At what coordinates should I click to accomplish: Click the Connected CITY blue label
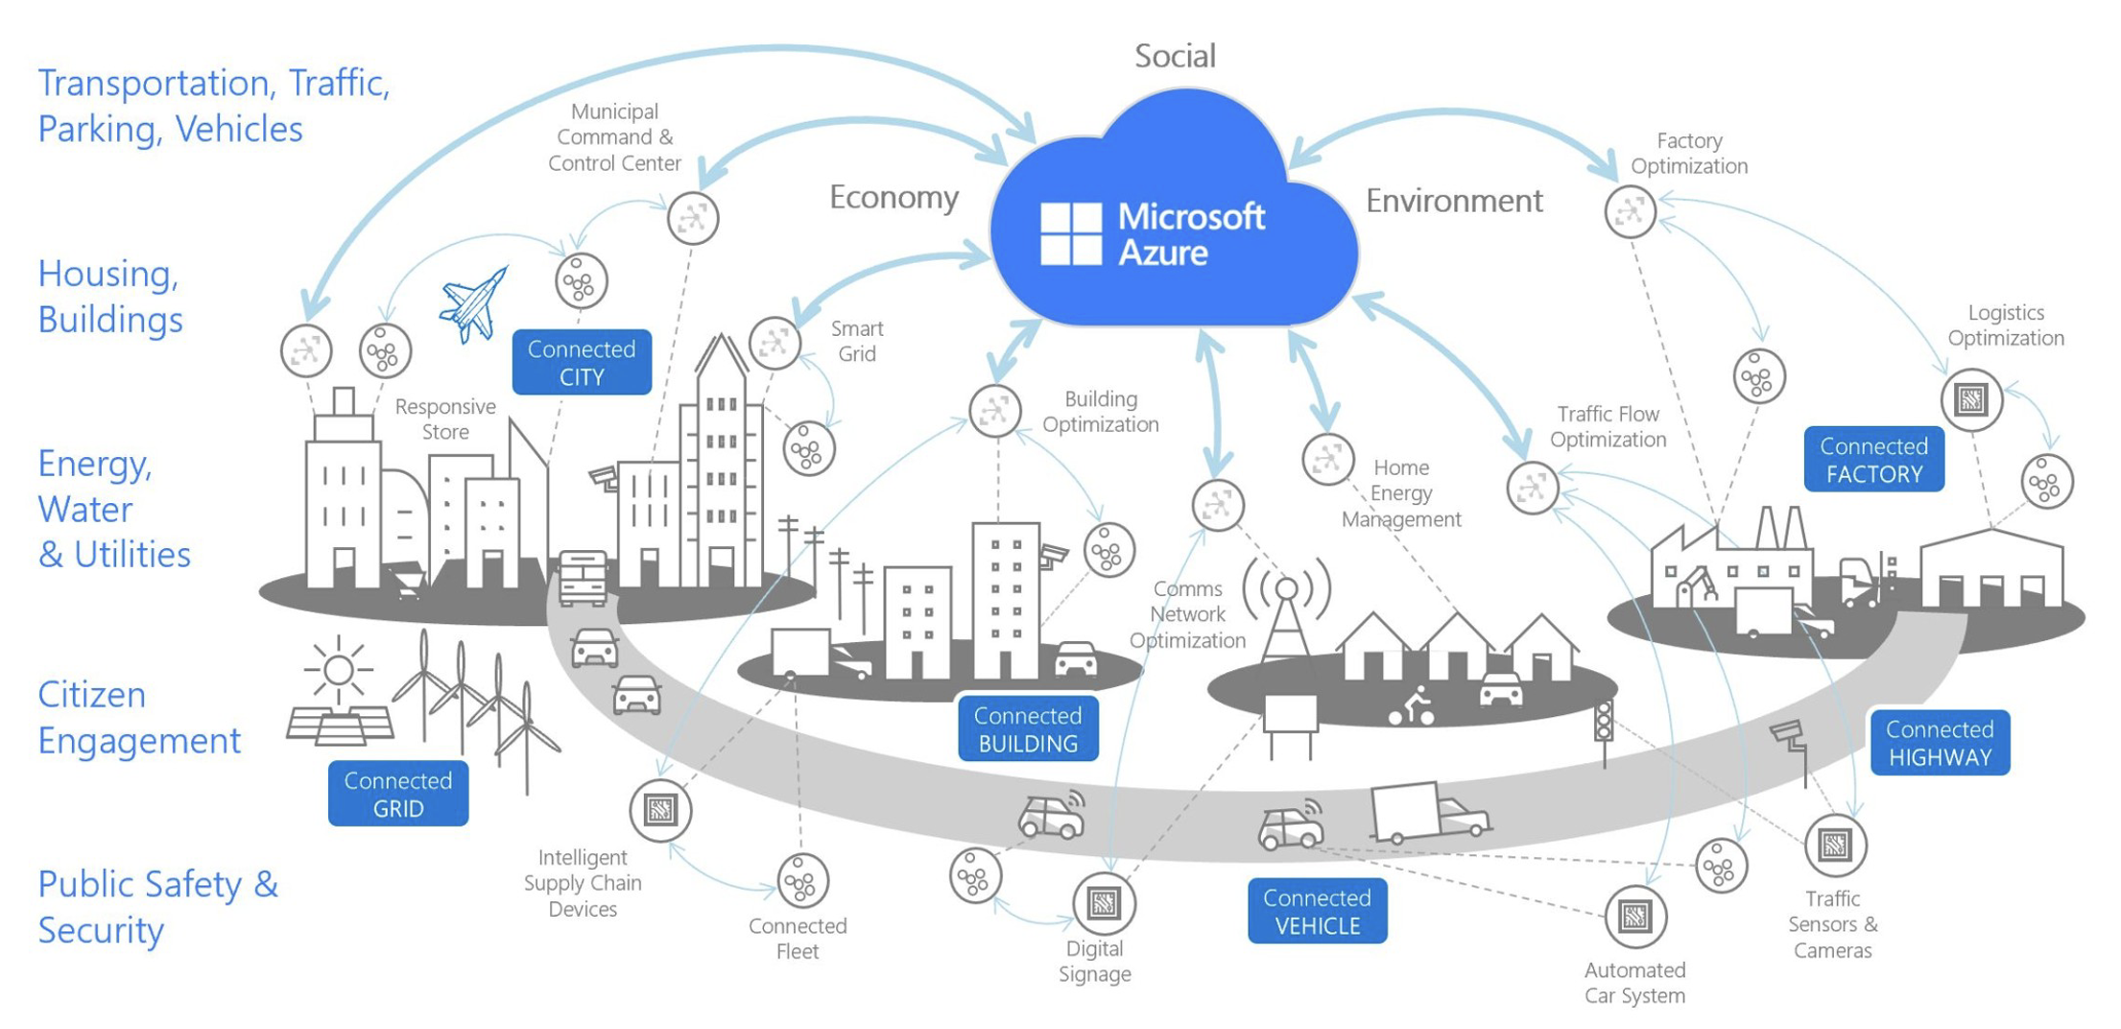pyautogui.click(x=582, y=362)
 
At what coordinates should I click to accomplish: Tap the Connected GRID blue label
pyautogui.click(x=398, y=794)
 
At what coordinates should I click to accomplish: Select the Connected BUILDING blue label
pyautogui.click(x=1028, y=729)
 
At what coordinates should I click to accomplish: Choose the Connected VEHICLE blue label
pyautogui.click(x=1317, y=911)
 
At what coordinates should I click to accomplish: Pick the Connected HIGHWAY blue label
pyautogui.click(x=1940, y=743)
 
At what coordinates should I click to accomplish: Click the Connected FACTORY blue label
pyautogui.click(x=1873, y=460)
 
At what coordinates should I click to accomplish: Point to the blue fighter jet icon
pyautogui.click(x=474, y=304)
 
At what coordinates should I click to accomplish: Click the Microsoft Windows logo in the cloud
pyautogui.click(x=1071, y=234)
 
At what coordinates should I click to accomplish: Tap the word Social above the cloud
pyautogui.click(x=1175, y=56)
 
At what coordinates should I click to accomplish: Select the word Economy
pyautogui.click(x=894, y=198)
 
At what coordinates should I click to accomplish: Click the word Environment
pyautogui.click(x=1454, y=201)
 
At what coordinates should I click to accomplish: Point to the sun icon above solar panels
pyautogui.click(x=338, y=669)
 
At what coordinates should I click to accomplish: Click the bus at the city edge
pyautogui.click(x=583, y=578)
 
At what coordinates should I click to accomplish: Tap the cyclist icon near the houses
pyautogui.click(x=1412, y=707)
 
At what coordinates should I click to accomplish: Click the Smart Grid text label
pyautogui.click(x=857, y=341)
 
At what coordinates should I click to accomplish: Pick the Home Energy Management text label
pyautogui.click(x=1401, y=493)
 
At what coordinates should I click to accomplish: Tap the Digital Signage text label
pyautogui.click(x=1095, y=961)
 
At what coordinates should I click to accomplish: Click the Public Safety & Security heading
pyautogui.click(x=158, y=906)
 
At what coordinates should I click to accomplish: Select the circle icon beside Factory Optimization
pyautogui.click(x=1631, y=211)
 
